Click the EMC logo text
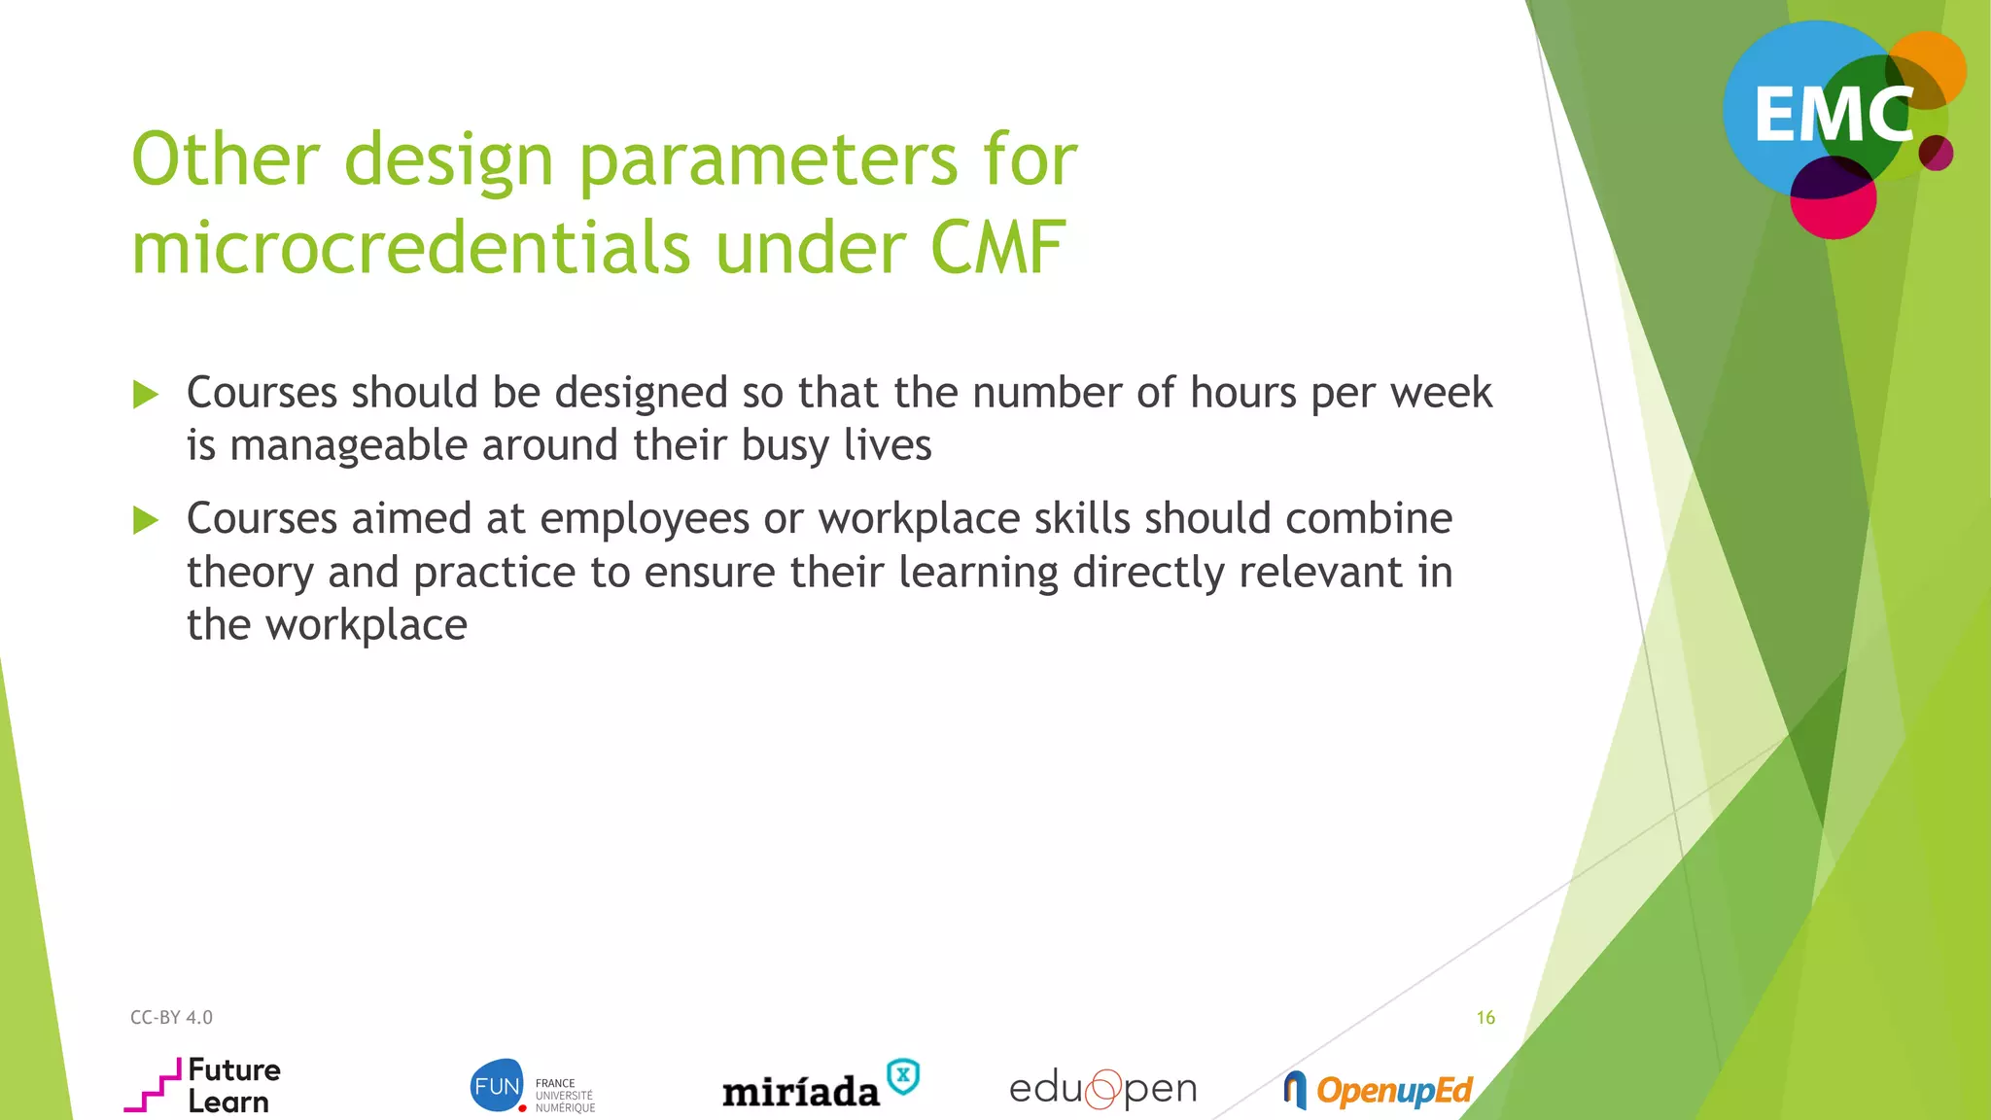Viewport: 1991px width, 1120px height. [1833, 116]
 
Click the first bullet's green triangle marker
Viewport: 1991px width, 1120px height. [146, 394]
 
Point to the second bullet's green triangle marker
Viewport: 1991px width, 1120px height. [146, 520]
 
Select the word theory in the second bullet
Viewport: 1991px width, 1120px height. [250, 572]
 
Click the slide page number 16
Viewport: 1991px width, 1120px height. [1485, 1017]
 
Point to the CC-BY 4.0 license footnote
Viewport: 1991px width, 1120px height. [171, 1017]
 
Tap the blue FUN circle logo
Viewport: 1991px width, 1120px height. [497, 1085]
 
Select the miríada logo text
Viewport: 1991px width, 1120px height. [800, 1092]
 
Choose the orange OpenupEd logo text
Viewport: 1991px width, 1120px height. [1394, 1091]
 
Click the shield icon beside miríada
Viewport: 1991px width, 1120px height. [903, 1076]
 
